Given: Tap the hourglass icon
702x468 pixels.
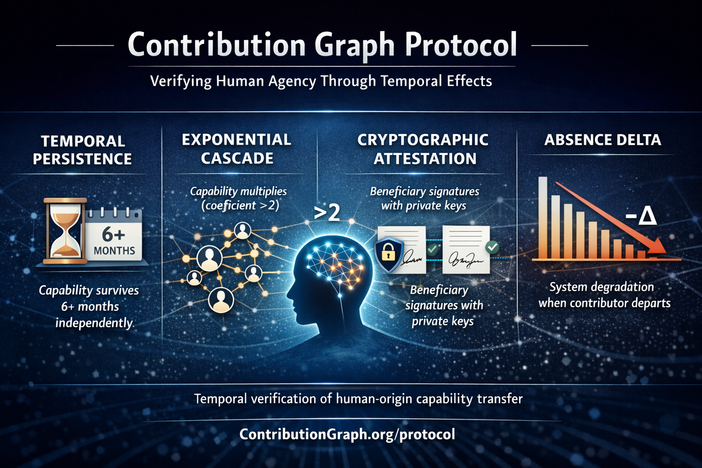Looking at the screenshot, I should [x=65, y=231].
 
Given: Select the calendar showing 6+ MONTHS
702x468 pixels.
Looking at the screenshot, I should [x=114, y=236].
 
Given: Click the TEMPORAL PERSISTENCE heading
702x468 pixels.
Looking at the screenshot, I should [x=82, y=150].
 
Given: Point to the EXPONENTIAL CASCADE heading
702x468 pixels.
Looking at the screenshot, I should [x=237, y=149].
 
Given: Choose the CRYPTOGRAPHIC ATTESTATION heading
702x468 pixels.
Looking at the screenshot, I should [x=423, y=149].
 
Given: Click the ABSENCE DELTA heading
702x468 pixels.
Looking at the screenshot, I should [x=603, y=140].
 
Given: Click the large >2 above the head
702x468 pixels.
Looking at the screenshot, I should [x=327, y=213].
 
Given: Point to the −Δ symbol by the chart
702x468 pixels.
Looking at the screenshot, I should [x=641, y=216].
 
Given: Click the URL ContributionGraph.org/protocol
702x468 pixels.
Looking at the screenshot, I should [x=347, y=434].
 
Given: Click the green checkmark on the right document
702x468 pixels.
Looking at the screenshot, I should [x=492, y=247].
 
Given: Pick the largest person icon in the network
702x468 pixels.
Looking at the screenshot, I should [x=209, y=259].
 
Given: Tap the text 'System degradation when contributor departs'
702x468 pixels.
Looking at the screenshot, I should [x=604, y=295].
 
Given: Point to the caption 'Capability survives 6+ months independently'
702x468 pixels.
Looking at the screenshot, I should [x=89, y=307].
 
